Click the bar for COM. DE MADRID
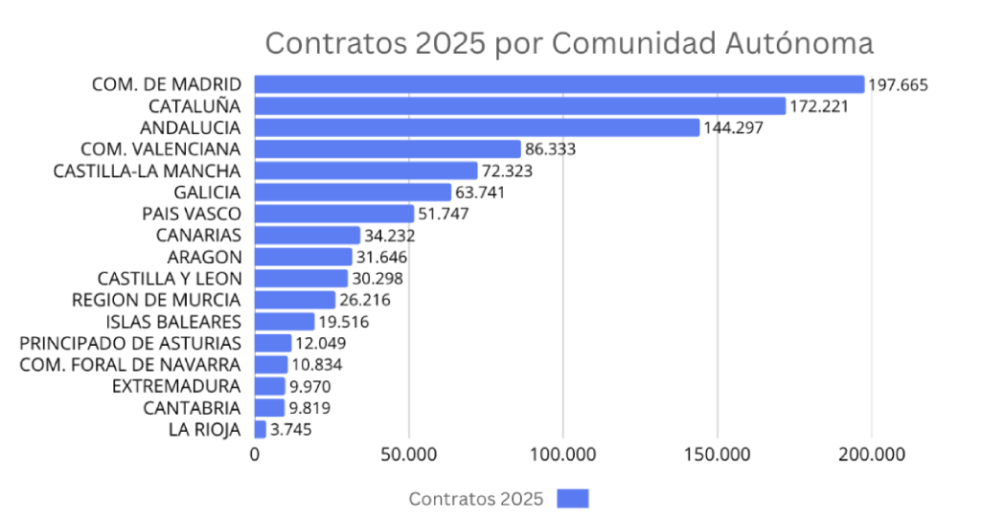point(559,84)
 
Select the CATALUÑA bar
point(520,105)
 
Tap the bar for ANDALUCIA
point(477,127)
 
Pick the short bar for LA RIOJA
point(261,429)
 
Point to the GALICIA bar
point(353,193)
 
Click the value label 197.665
point(898,85)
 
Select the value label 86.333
point(550,149)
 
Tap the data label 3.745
point(290,430)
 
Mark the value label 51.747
point(444,214)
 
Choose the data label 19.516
point(344,322)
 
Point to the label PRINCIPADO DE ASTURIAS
point(130,343)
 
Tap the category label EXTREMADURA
point(176,386)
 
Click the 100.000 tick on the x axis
point(563,456)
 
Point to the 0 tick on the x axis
point(255,456)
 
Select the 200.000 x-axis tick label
point(871,456)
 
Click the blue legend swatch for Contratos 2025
point(573,498)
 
